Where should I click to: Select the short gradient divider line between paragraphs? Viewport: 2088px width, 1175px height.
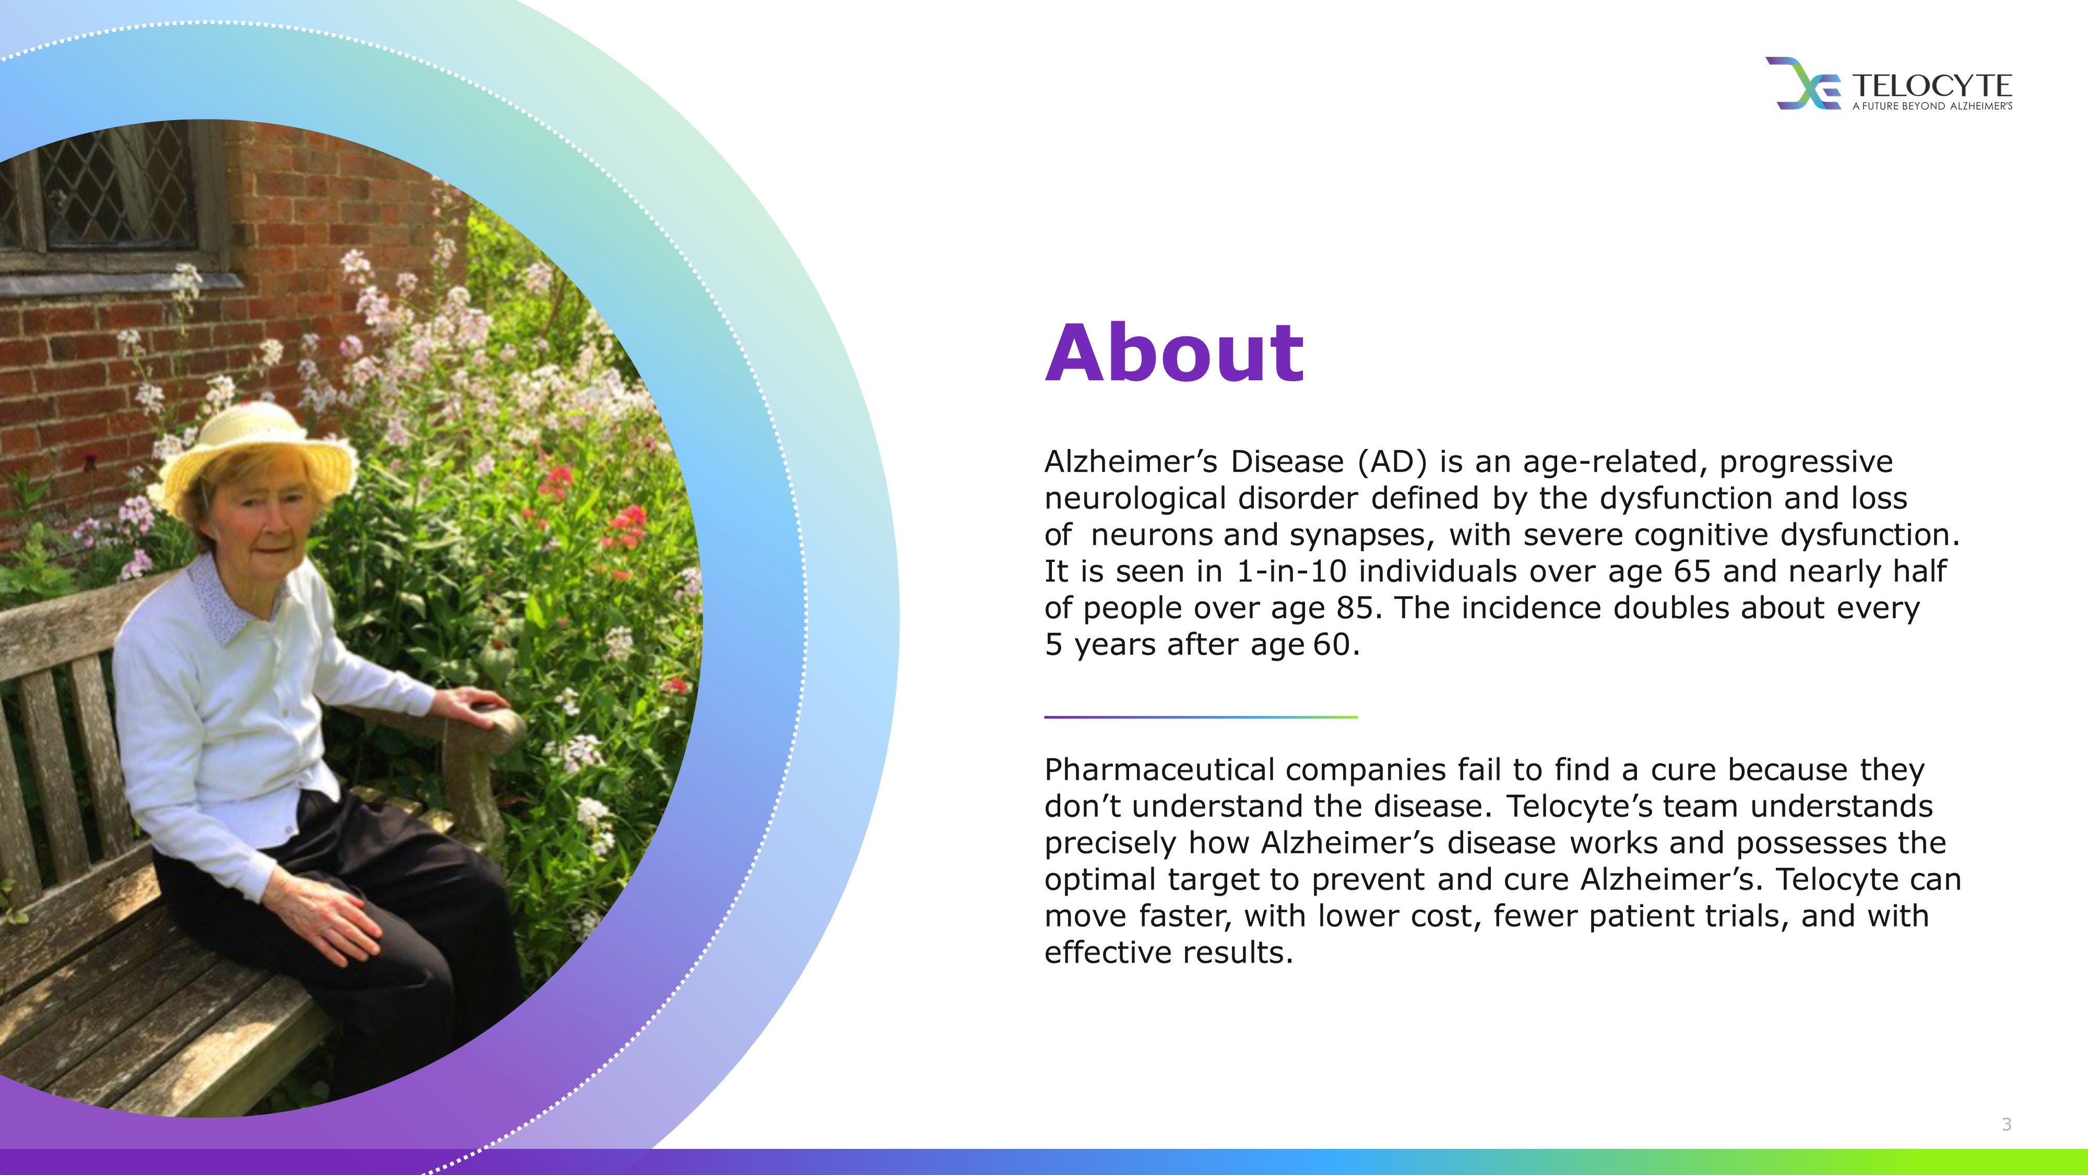coord(1201,717)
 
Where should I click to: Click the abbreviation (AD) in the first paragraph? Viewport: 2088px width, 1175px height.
coord(1392,462)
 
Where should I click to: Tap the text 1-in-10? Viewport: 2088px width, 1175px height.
coord(1291,572)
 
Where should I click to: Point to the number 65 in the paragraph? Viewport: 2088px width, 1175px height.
coord(1692,572)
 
